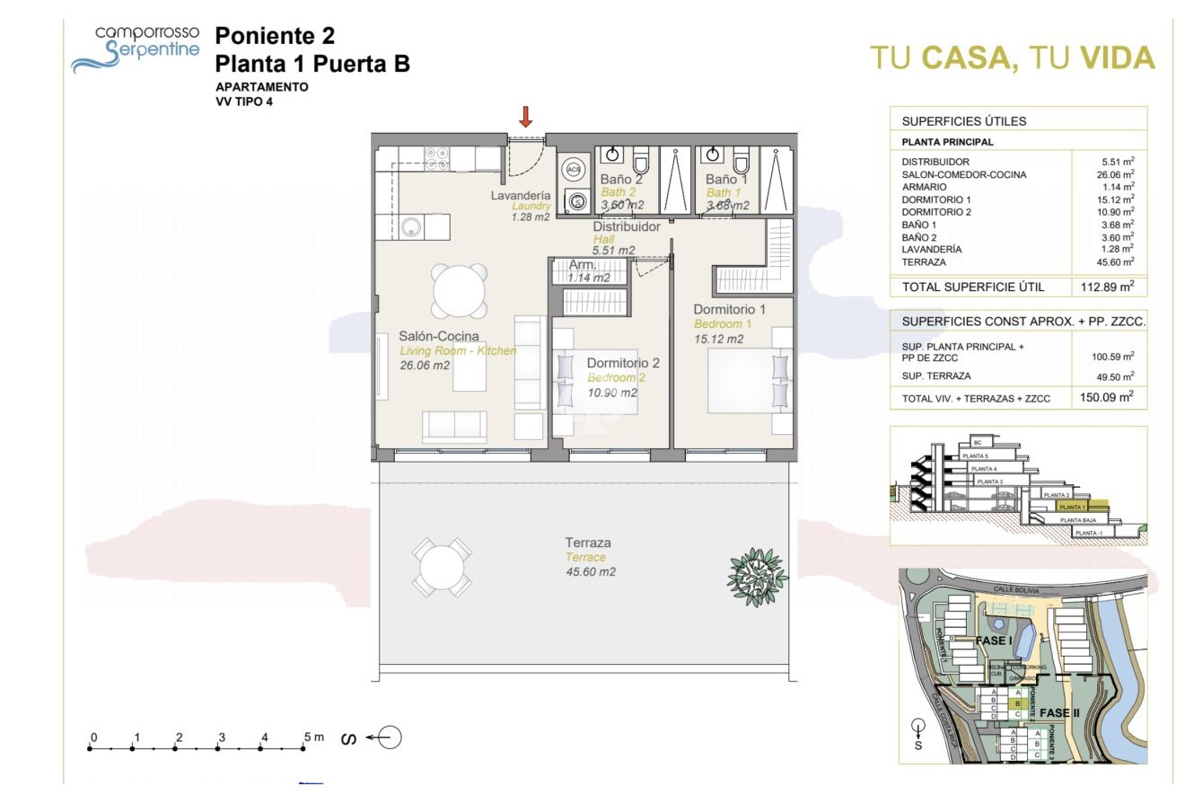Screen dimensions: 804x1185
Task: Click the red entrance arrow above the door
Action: tap(526, 116)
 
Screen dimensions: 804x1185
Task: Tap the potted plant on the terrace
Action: tap(756, 576)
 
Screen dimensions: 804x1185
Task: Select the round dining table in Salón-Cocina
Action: tap(461, 289)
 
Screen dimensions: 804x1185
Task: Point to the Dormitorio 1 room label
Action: tap(729, 310)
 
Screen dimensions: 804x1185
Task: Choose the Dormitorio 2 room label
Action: tap(623, 363)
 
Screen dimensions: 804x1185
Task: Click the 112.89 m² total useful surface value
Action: tap(1107, 287)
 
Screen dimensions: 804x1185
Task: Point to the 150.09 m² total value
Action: tap(1107, 395)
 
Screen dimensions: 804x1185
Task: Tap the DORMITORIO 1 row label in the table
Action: tap(936, 199)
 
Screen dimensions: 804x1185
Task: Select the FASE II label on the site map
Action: tap(1066, 713)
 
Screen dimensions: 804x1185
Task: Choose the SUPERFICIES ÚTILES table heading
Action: tap(963, 121)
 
